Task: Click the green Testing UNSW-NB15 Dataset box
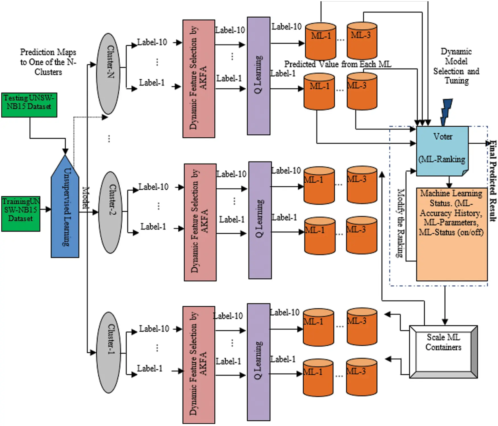coord(29,105)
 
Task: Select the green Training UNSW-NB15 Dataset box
coord(20,213)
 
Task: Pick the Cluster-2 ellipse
coord(110,212)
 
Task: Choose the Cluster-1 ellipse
coord(108,352)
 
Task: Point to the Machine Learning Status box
coord(452,234)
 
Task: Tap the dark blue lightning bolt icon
coord(446,112)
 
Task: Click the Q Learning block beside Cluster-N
coord(258,76)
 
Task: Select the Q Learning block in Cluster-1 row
coord(258,362)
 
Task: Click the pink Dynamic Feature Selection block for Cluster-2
coord(200,222)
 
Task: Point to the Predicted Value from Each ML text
coord(338,64)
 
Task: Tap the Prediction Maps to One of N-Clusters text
coord(48,62)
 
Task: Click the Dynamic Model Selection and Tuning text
coord(456,66)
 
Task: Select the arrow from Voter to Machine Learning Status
coord(449,182)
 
